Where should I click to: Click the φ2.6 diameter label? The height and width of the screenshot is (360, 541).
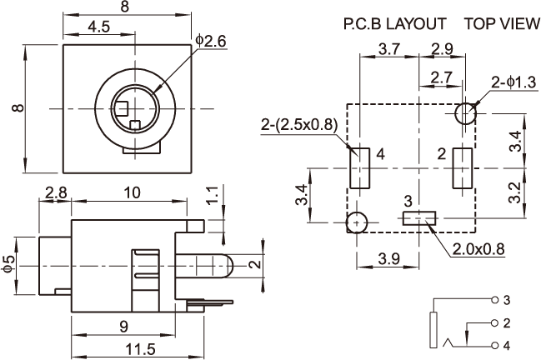[x=210, y=42]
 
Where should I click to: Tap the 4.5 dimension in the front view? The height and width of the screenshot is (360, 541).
[x=98, y=27]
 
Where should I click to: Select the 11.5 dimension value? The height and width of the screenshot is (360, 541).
[x=140, y=350]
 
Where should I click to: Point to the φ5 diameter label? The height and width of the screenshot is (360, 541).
[x=10, y=266]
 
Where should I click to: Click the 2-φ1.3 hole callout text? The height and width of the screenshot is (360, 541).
[x=513, y=82]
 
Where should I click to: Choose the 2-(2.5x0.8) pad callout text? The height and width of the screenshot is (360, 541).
[x=298, y=124]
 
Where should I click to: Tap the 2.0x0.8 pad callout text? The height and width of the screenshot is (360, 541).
[x=478, y=249]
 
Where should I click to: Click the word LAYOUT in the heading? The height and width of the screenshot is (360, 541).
[x=416, y=24]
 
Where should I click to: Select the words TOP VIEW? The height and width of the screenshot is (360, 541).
[x=502, y=24]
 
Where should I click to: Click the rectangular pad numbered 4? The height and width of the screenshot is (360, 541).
[x=360, y=168]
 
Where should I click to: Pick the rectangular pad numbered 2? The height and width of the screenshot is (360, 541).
[x=463, y=168]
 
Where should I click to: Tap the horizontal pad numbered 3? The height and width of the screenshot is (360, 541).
[x=419, y=218]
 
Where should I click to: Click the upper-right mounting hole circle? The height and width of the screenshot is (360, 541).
[x=465, y=113]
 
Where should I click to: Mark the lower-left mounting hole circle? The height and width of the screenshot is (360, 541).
[x=357, y=222]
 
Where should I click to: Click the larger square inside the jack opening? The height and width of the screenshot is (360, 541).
[x=123, y=108]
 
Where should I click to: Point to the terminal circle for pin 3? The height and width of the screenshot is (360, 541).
[x=495, y=300]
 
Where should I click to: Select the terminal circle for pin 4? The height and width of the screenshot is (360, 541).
[x=495, y=346]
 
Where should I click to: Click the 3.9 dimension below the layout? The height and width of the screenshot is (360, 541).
[x=388, y=258]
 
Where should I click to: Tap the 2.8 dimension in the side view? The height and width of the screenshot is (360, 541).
[x=56, y=192]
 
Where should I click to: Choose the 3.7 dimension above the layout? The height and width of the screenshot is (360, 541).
[x=389, y=49]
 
